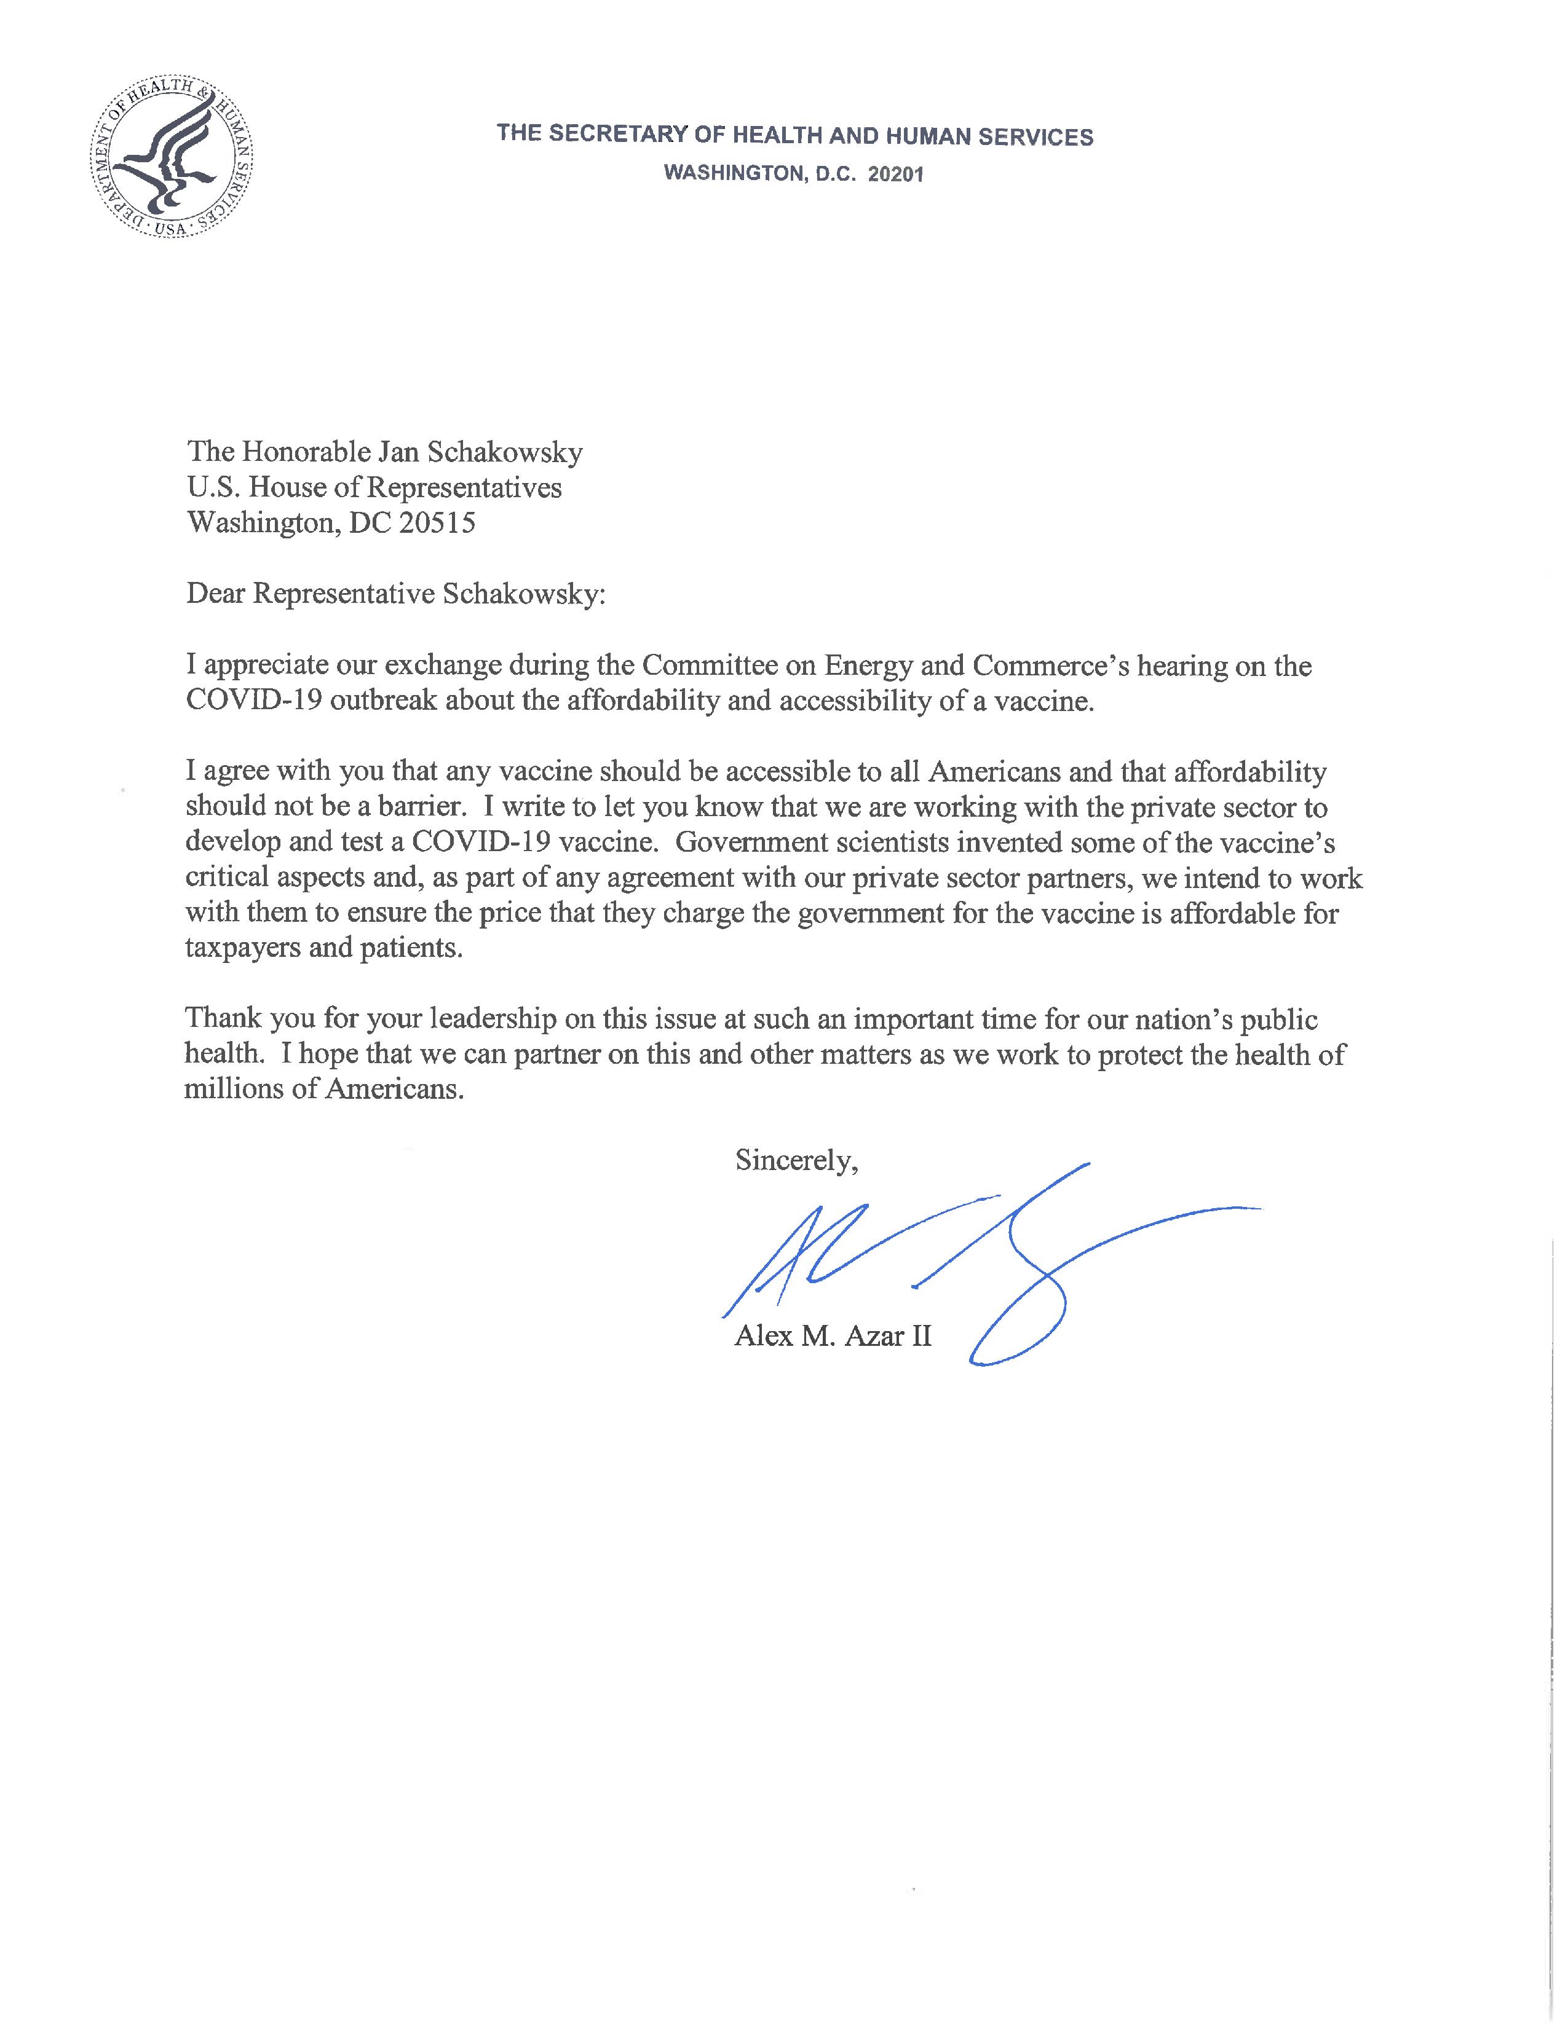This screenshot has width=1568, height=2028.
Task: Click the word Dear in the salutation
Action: (215, 594)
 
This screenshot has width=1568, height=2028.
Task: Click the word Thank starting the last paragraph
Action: (223, 1019)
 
